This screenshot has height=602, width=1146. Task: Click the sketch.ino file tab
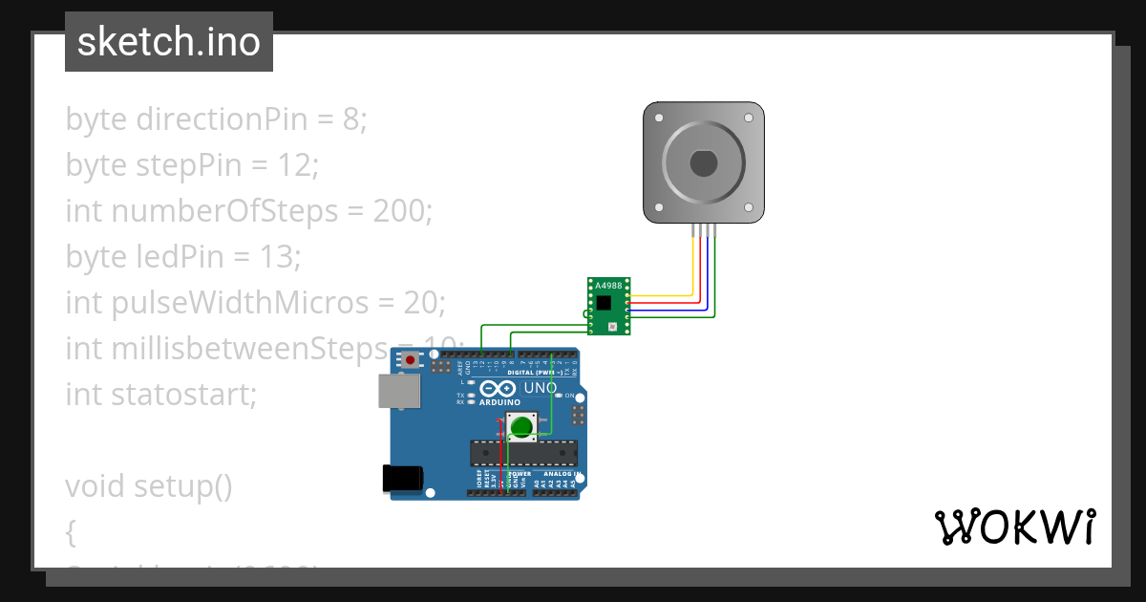click(169, 42)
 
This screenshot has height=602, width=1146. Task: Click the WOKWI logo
click(1013, 527)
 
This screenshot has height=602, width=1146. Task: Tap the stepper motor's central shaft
click(704, 163)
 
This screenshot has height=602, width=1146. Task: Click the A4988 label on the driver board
click(608, 286)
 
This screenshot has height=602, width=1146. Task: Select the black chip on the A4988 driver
click(604, 303)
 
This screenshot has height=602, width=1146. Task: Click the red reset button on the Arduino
click(411, 360)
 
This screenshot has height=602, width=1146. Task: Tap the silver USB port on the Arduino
click(398, 391)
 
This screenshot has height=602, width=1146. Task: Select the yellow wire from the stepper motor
click(692, 263)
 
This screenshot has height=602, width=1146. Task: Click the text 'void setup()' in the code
click(149, 486)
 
